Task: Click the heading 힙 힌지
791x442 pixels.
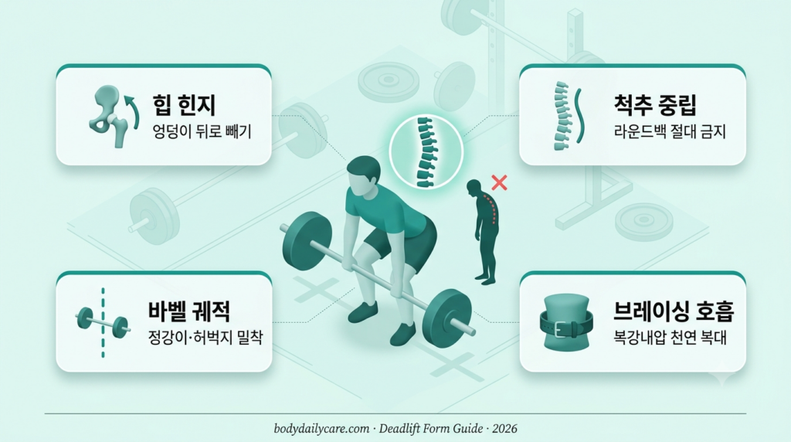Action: coord(184,105)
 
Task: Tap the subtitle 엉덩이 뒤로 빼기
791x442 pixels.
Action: coord(202,131)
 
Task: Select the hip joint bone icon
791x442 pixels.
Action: coord(107,116)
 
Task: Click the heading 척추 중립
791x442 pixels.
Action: coord(655,104)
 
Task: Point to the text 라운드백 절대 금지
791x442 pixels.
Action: coord(670,131)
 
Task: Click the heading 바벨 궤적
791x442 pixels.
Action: coord(189,311)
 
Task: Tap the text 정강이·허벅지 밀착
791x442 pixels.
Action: coord(205,337)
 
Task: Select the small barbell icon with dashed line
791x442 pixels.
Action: coord(103,323)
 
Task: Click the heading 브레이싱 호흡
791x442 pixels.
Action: coord(674,311)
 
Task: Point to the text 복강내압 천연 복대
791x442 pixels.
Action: coord(670,337)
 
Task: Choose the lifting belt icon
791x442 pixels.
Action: coord(566,323)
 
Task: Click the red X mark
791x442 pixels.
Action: coord(500,182)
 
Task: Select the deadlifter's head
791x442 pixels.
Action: coord(363,176)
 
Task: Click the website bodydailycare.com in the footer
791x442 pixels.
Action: coord(321,429)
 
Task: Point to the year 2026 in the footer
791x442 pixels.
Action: coord(504,429)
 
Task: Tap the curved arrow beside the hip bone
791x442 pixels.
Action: coord(133,112)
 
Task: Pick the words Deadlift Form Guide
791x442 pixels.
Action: coord(431,429)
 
